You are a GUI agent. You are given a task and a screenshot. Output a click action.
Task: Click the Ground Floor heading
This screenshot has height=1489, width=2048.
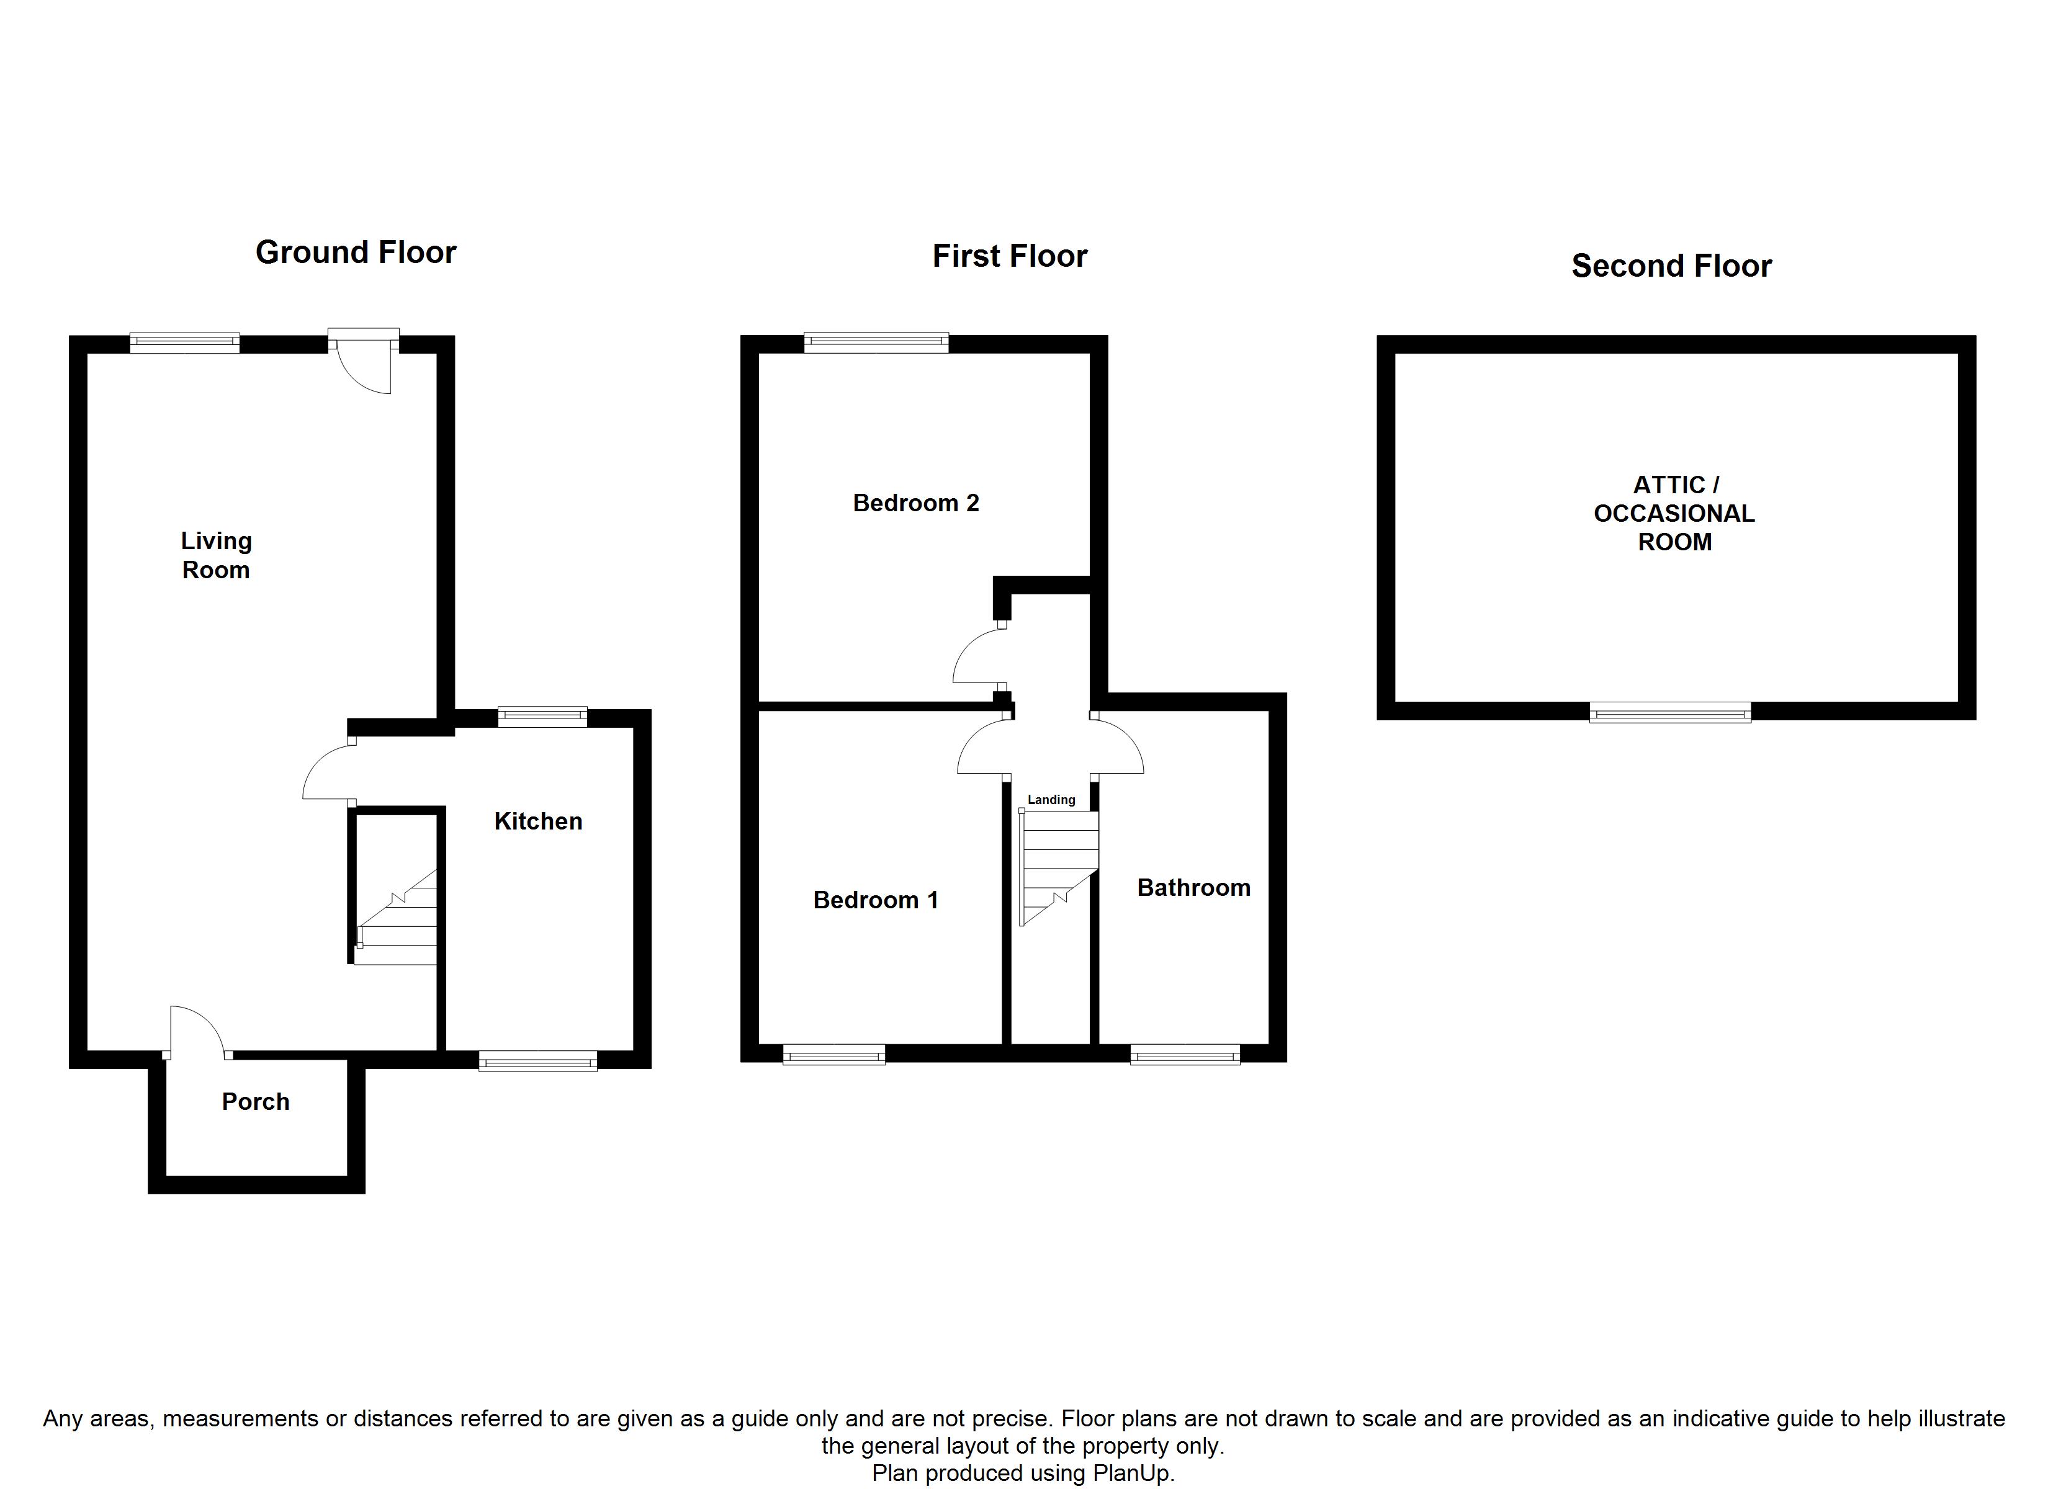[x=356, y=252]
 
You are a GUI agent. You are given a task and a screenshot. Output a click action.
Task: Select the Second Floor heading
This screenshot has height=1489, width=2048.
[x=1671, y=266]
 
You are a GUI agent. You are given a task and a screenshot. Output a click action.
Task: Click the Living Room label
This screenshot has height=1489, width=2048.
[x=216, y=555]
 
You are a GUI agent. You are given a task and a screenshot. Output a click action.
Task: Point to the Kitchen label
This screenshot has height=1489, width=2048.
[x=538, y=821]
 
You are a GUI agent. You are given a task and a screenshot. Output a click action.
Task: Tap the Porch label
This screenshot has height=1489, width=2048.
[x=256, y=1102]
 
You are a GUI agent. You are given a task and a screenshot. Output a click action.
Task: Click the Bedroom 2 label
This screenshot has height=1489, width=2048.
[x=915, y=503]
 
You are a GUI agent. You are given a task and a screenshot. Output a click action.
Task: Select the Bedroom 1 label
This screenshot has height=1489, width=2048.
[x=875, y=900]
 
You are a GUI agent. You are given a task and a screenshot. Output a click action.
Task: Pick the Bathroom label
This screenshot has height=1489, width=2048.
[x=1193, y=888]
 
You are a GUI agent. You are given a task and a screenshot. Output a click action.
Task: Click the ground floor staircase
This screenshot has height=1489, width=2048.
[x=397, y=916]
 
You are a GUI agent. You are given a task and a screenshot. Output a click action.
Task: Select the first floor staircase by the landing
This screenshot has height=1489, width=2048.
[x=1058, y=865]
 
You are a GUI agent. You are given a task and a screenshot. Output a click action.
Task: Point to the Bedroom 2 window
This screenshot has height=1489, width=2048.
[x=876, y=342]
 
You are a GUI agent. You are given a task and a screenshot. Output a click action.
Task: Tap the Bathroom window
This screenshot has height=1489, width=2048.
[x=1185, y=1053]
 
